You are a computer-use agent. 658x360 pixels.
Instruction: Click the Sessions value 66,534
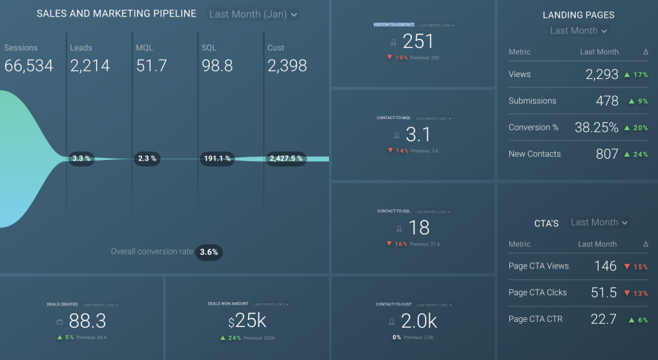(x=29, y=65)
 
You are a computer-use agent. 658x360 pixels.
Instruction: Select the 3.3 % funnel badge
(x=82, y=159)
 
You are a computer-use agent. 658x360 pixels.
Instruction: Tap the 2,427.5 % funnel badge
(x=286, y=159)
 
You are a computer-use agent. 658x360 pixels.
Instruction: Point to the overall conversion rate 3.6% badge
(x=209, y=252)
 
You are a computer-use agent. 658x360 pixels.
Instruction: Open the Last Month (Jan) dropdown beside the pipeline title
(x=253, y=14)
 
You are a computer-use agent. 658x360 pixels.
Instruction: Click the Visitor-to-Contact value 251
(x=418, y=41)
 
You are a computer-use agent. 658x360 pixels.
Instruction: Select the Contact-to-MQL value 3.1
(x=418, y=135)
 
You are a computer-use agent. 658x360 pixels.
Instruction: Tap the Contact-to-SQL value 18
(x=418, y=228)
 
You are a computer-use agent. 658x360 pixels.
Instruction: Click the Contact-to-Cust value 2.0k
(x=418, y=321)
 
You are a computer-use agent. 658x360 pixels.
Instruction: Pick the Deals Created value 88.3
(x=87, y=321)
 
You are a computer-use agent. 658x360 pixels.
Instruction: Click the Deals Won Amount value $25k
(x=247, y=321)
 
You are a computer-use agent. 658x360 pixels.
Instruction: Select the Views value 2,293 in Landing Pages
(x=602, y=74)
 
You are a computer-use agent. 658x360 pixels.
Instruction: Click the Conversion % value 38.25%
(x=596, y=128)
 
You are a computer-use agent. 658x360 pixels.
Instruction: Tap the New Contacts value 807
(x=607, y=154)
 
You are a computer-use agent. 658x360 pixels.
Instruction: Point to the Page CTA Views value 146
(x=605, y=267)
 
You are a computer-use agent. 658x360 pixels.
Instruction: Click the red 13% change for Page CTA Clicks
(x=636, y=294)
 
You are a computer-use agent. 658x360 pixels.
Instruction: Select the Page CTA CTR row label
(x=535, y=319)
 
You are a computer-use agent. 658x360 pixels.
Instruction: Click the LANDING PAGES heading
(x=578, y=15)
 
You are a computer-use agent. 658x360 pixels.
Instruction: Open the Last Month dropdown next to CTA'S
(x=599, y=222)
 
